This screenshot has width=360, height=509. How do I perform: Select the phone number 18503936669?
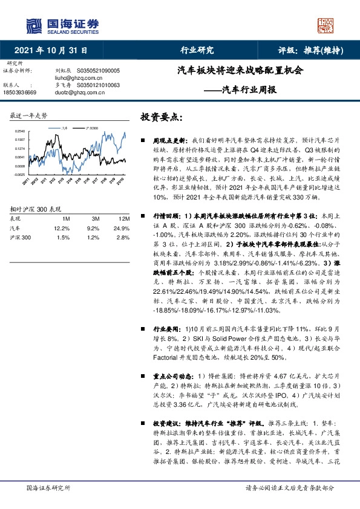pyautogui.click(x=21, y=92)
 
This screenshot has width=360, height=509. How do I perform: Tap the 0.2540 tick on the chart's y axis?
pyautogui.click(x=19, y=131)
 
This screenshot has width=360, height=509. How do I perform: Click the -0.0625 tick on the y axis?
pyautogui.click(x=19, y=175)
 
